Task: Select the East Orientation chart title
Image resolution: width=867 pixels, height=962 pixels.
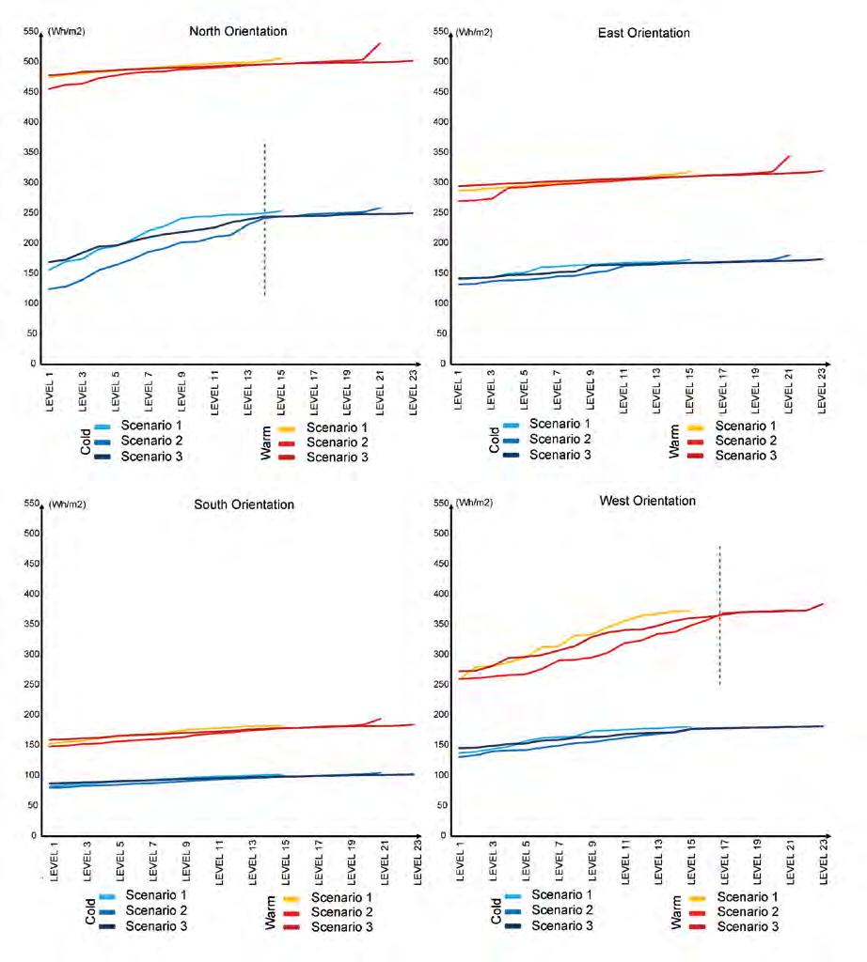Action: tap(643, 33)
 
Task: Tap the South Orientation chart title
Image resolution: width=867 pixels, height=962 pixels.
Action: tap(244, 504)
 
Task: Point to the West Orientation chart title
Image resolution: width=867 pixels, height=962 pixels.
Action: tap(647, 501)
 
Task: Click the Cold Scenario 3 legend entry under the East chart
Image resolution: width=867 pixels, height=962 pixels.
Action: tap(560, 455)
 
